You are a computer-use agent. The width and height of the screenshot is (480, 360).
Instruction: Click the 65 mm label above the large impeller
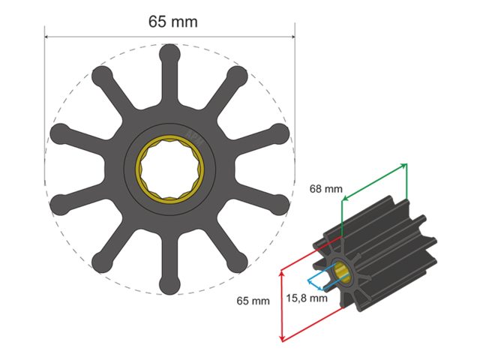tap(172, 21)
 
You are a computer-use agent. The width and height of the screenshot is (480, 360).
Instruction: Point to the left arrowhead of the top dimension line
tap(47, 36)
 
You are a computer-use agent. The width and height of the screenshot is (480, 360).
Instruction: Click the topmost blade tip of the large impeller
tap(170, 53)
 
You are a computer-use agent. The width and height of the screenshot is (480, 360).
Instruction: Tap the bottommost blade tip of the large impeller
tap(170, 284)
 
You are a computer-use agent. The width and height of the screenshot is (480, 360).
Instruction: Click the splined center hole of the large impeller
tap(170, 169)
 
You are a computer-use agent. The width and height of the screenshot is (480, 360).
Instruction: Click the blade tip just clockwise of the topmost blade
tap(238, 76)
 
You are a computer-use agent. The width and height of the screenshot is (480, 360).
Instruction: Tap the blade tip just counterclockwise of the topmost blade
tap(102, 76)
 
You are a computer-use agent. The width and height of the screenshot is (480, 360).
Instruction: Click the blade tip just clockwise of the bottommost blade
tap(102, 262)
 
